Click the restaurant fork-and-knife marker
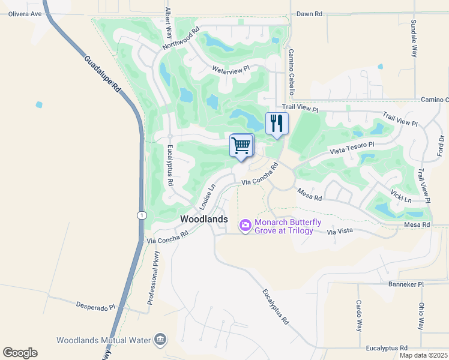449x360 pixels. pos(277,124)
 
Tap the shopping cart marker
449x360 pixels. pos(241,145)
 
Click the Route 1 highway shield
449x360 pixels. pos(140,215)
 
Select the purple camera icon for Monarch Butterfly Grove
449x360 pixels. pos(245,226)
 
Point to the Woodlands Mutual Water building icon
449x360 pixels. pos(160,340)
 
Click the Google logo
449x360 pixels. pos(20,353)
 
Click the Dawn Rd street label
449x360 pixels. pos(310,13)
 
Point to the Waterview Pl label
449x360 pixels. pos(231,70)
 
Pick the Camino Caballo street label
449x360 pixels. pos(291,73)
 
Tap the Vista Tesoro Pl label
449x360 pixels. pos(352,148)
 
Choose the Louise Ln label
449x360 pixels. pos(207,196)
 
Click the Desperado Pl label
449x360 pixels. pos(95,307)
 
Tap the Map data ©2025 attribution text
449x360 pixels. pos(423,355)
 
